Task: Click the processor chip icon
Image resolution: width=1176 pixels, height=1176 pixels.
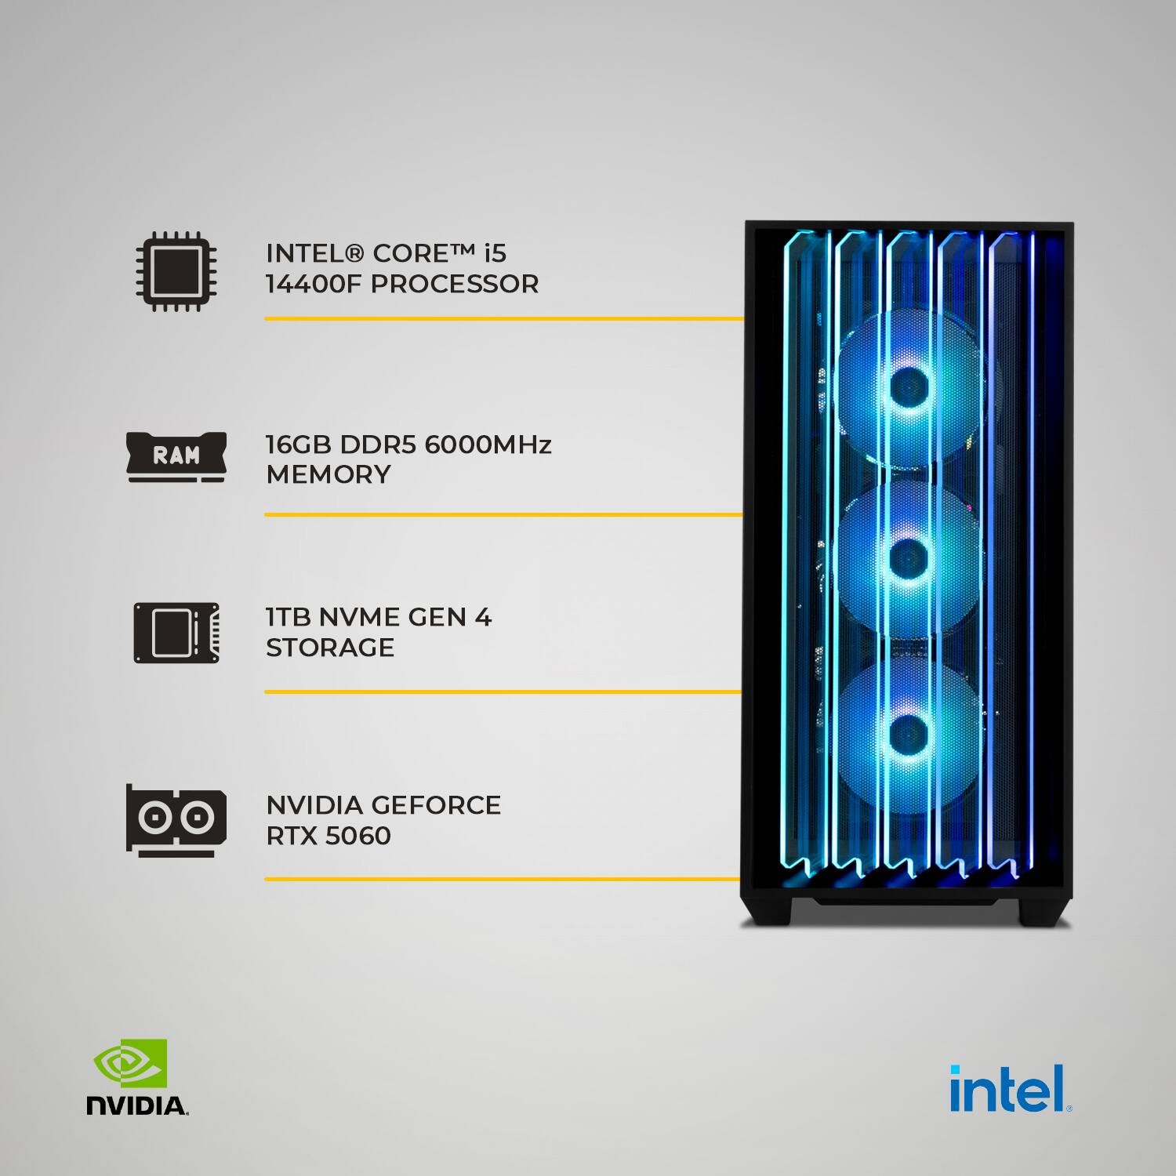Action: point(176,271)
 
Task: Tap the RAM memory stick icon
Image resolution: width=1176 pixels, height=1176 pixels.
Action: point(176,456)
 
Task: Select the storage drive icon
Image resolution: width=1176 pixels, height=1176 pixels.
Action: point(176,633)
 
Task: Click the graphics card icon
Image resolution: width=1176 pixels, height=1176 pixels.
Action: point(176,820)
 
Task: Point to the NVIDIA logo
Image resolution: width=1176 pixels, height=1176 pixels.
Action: point(137,1076)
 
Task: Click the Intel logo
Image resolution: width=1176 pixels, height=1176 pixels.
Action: point(1011,1088)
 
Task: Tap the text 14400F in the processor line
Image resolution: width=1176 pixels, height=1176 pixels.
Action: point(314,284)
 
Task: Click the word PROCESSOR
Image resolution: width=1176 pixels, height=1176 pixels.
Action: point(455,284)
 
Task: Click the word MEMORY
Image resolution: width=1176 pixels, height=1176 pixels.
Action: point(328,474)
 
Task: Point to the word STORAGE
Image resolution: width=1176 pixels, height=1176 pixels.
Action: point(330,648)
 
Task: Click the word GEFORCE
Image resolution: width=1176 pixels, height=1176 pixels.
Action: point(436,805)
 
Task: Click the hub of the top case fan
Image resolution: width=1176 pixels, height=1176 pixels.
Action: point(909,385)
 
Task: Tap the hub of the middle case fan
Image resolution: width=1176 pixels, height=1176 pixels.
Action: point(909,558)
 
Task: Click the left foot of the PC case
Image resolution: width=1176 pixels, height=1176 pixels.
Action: point(767,912)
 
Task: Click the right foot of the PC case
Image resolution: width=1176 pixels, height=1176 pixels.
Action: point(1045,912)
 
